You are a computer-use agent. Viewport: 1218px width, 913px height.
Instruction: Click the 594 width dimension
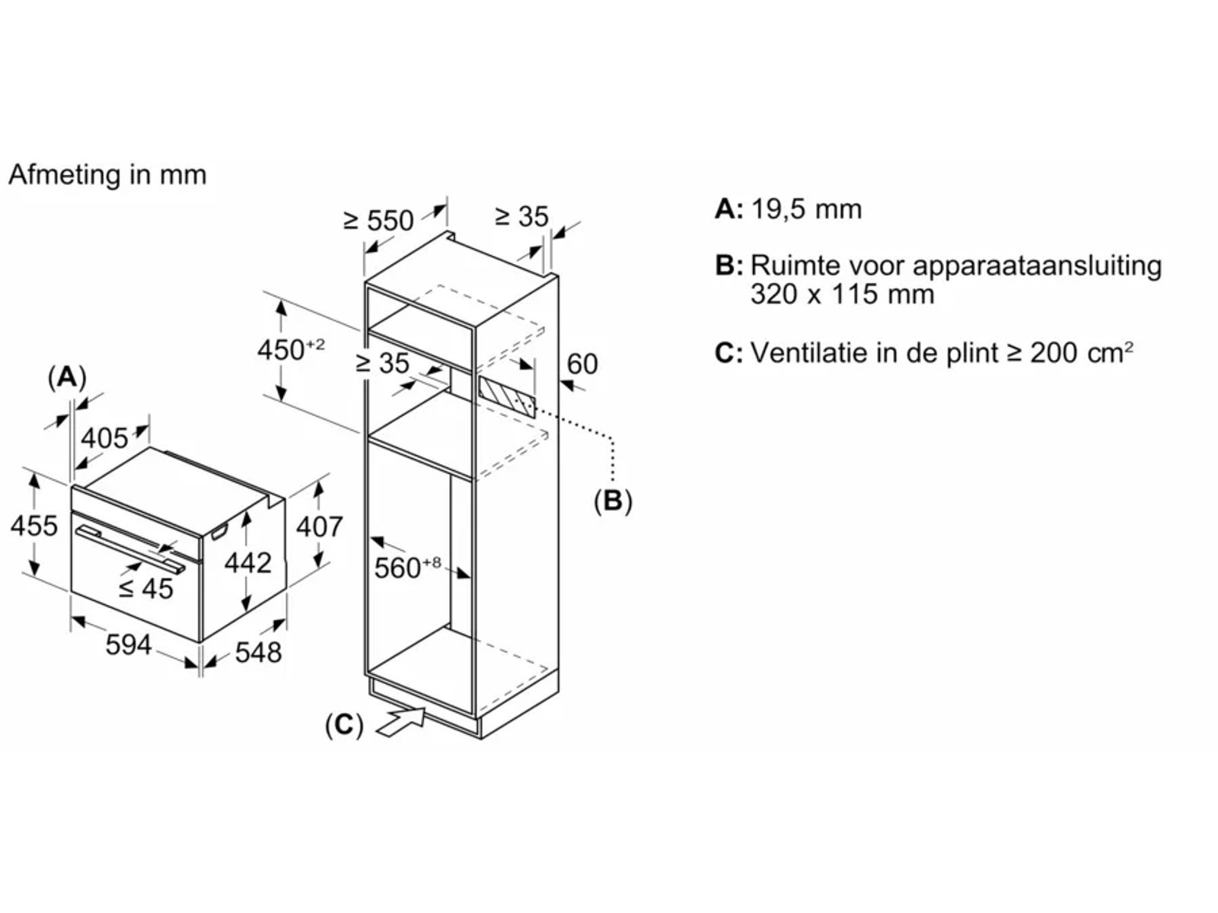128,644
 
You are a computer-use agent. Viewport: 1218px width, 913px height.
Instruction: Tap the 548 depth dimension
258,652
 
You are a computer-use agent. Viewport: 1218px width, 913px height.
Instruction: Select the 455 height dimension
34,525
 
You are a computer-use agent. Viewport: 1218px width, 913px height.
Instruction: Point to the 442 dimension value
248,562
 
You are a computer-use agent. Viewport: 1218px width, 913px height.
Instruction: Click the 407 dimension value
319,526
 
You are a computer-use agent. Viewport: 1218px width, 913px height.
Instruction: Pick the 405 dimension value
104,438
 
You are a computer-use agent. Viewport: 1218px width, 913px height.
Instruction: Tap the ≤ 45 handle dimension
146,587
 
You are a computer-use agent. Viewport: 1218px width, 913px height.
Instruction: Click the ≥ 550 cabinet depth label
378,220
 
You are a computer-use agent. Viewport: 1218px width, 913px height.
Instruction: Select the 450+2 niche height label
290,349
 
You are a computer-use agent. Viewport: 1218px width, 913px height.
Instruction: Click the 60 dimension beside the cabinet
582,364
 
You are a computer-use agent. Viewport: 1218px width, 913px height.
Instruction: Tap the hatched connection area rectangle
507,396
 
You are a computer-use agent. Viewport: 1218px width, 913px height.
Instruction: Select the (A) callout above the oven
67,377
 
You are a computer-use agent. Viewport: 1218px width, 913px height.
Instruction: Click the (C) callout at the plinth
343,724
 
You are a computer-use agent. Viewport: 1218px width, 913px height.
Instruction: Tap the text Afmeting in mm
107,174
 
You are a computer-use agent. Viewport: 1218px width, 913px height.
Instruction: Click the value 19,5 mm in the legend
806,208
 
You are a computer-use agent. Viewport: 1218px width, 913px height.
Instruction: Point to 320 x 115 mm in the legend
842,294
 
